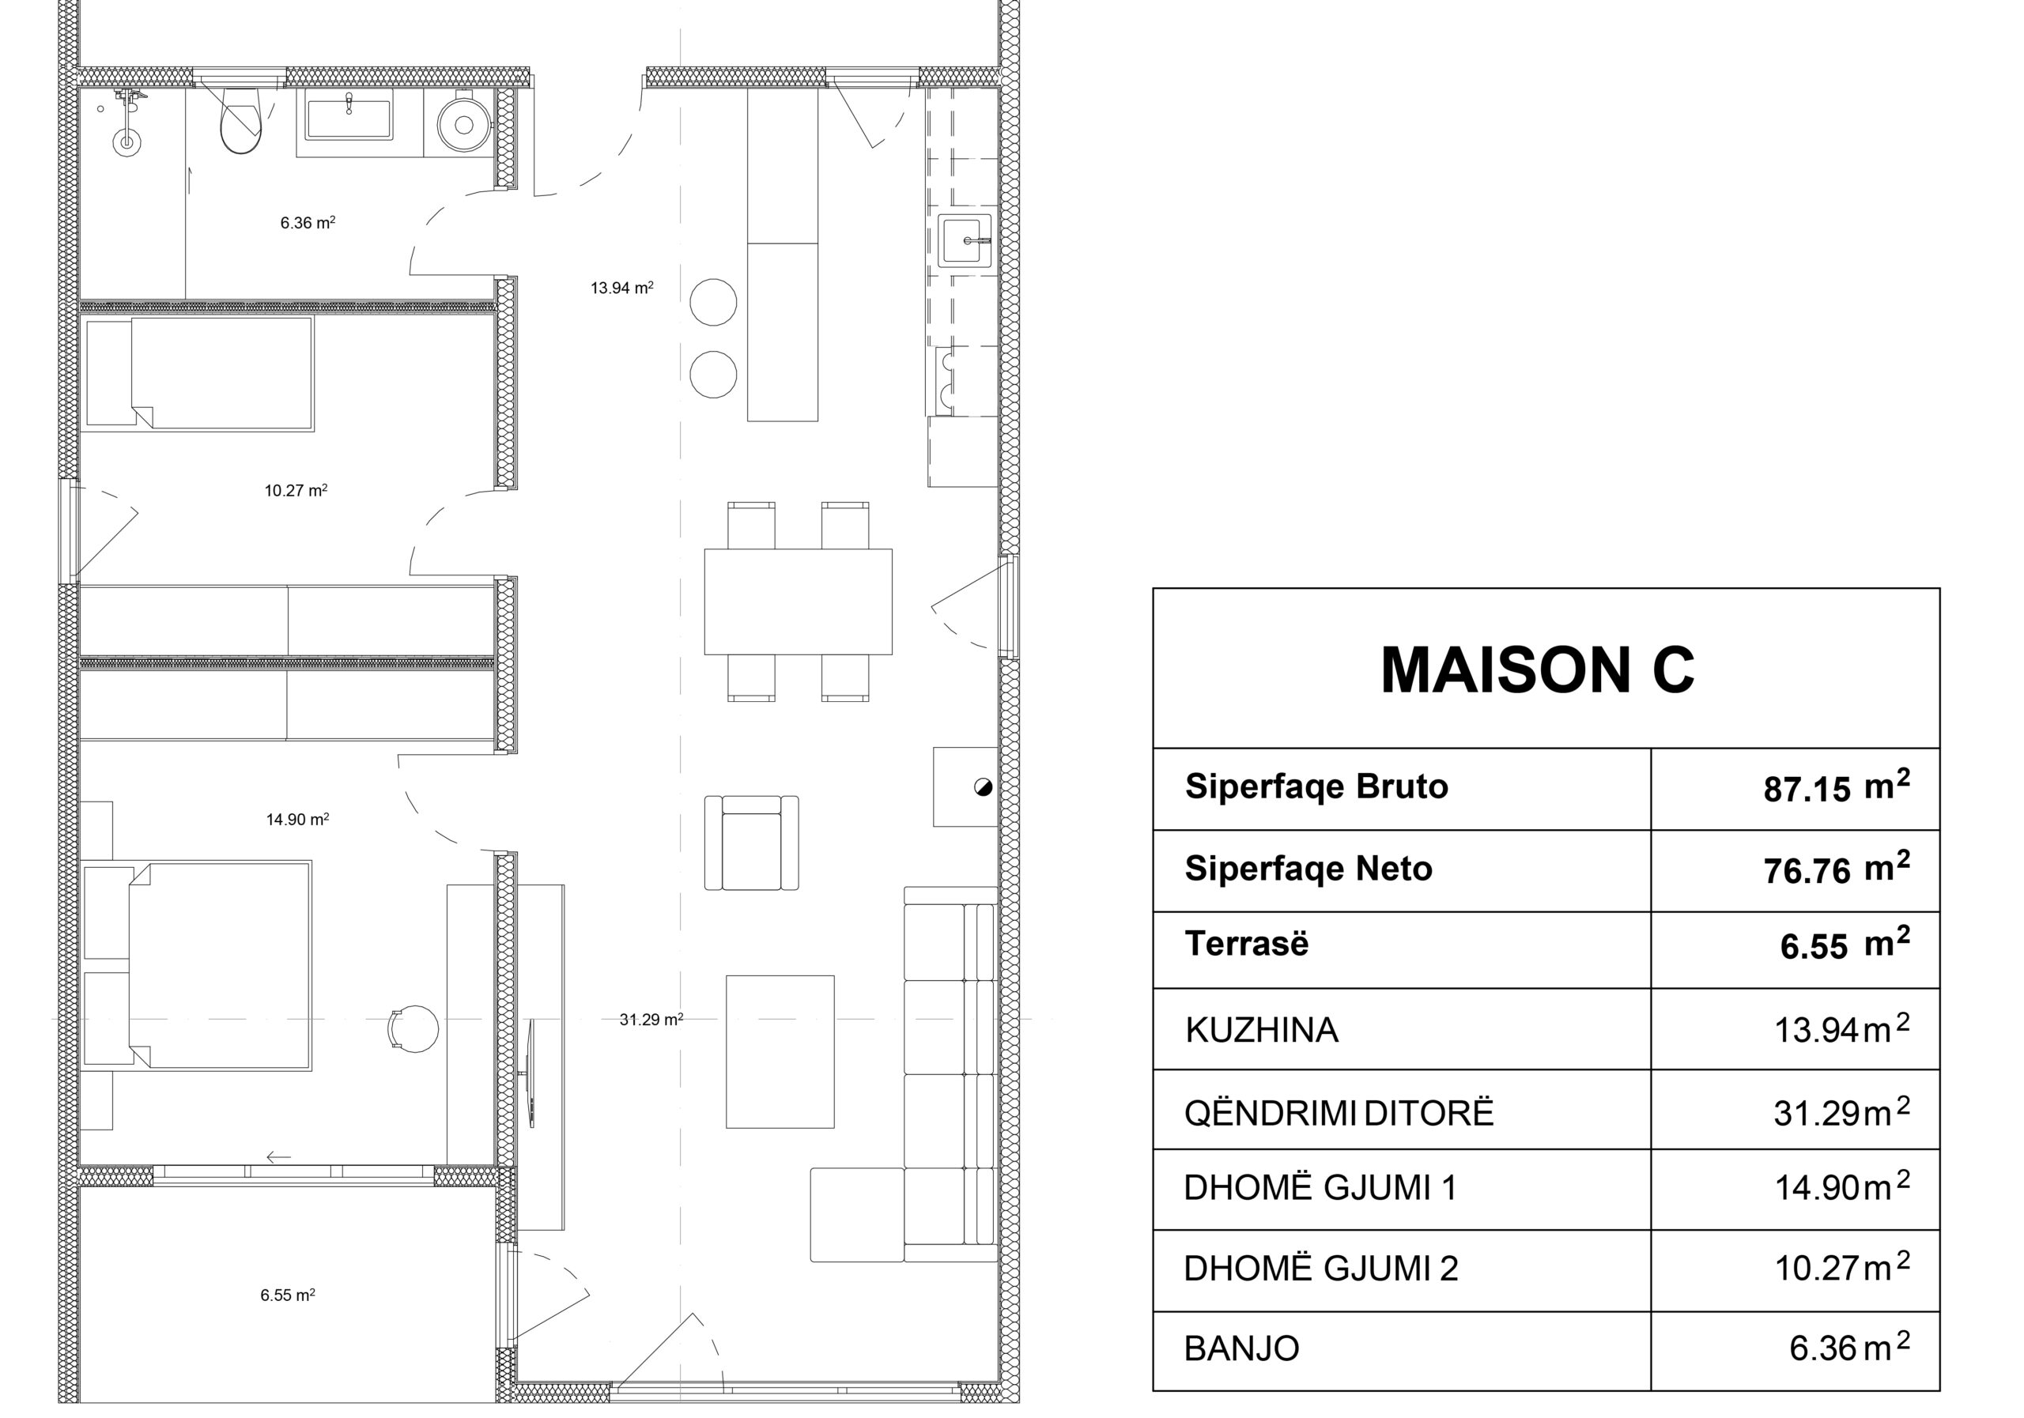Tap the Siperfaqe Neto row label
point(1308,869)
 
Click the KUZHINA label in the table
point(1262,1030)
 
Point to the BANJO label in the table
point(1241,1349)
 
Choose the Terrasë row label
point(1247,944)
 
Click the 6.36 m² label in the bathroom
point(308,223)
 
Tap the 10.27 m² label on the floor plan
point(296,490)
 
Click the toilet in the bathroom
point(240,120)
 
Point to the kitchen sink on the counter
point(965,239)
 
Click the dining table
point(798,602)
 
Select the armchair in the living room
point(752,843)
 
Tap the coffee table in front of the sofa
point(780,1052)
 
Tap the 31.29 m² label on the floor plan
point(651,1020)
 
